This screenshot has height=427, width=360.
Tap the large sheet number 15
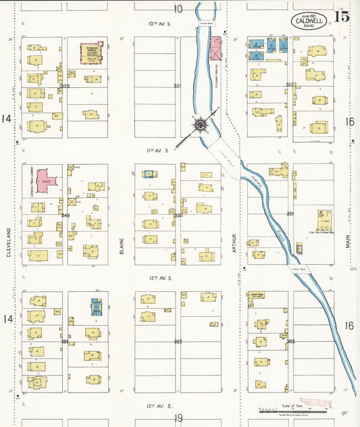tap(342, 17)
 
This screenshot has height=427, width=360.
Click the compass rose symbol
tap(201, 125)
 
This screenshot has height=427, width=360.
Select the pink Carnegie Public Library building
tap(45, 181)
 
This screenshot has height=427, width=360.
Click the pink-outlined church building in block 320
tap(91, 53)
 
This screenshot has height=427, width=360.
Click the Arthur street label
tap(234, 243)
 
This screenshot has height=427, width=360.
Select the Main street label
tap(349, 236)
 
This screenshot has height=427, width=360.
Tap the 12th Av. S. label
tap(161, 278)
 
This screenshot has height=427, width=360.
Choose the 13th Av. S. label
tap(161, 405)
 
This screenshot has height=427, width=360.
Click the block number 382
tap(178, 342)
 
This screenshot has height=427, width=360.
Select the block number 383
tap(290, 342)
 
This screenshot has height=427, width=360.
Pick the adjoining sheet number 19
tap(178, 419)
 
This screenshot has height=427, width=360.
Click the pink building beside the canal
tap(215, 49)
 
